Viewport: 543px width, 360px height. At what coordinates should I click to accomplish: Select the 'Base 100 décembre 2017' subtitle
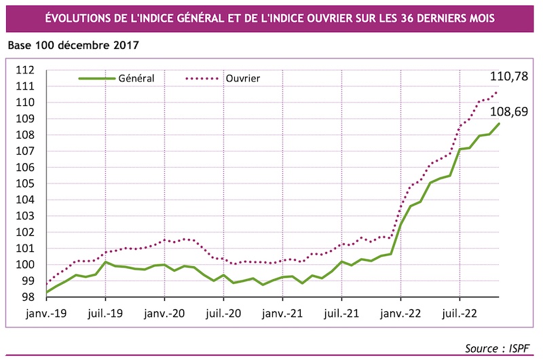(x=73, y=46)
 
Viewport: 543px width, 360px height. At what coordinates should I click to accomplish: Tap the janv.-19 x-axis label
(x=46, y=314)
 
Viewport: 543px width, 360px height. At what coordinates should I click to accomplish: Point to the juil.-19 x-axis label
(x=105, y=314)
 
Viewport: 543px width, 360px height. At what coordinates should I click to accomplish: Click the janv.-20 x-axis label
(x=164, y=314)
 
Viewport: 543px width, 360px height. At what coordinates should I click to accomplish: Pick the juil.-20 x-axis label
(x=223, y=314)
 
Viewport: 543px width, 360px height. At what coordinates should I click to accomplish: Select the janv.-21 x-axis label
(x=282, y=314)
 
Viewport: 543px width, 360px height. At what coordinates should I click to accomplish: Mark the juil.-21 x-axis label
(x=341, y=314)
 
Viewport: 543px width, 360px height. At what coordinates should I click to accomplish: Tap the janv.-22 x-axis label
(x=400, y=314)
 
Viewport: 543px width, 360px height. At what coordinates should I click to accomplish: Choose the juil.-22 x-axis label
(x=460, y=314)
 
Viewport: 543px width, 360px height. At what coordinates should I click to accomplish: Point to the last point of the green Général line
(x=500, y=123)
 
